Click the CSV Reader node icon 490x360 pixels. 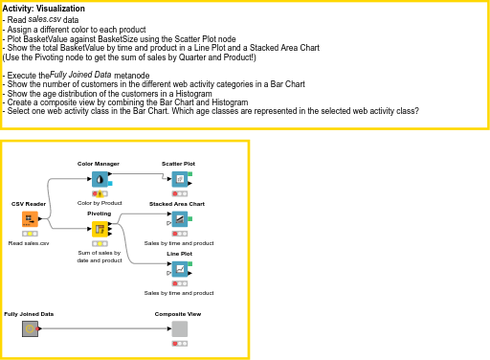pos(30,219)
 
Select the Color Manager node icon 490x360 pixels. pos(100,179)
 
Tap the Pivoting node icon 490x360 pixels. pos(100,229)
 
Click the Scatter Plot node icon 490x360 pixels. pos(179,179)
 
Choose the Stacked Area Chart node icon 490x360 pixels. pos(179,219)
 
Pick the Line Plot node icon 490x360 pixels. pos(179,268)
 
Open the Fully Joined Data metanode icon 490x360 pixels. pos(30,329)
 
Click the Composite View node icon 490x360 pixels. pos(179,329)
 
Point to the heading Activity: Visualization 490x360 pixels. pos(44,9)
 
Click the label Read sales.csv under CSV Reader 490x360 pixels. pos(29,244)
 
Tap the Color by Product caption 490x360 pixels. pos(100,203)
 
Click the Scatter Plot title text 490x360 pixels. pos(178,164)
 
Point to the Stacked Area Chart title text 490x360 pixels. pos(177,204)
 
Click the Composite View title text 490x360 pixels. pos(177,314)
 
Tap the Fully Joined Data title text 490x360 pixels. pos(29,314)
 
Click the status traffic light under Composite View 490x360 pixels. pos(179,343)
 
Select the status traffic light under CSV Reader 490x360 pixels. pos(30,234)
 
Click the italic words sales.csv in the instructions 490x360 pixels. pos(45,19)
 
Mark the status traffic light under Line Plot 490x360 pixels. pos(179,282)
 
